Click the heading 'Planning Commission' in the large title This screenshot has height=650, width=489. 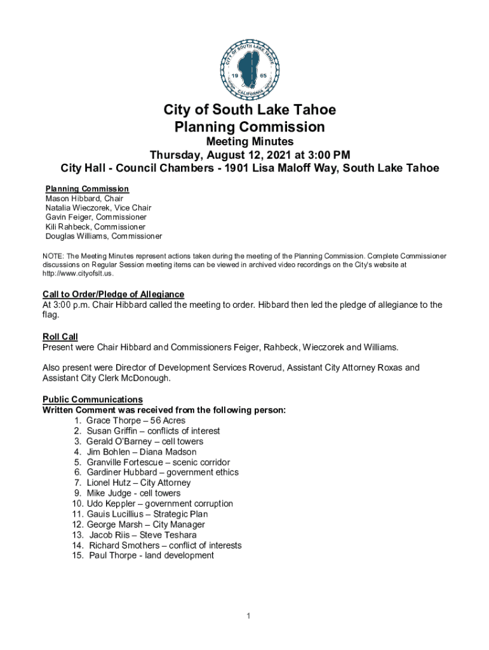coord(250,127)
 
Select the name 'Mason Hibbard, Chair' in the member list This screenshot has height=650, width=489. coord(84,199)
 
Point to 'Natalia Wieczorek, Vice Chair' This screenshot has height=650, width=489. coord(98,208)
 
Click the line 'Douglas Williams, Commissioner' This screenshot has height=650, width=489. coord(104,236)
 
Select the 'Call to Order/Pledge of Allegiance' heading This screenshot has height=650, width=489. coord(113,295)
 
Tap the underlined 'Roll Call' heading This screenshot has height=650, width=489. coord(60,336)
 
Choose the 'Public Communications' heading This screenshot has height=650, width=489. coord(93,399)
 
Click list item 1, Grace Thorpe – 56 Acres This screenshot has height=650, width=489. coord(136,420)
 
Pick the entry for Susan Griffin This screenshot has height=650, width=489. coord(153,431)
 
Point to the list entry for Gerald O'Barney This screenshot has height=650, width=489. coord(154,441)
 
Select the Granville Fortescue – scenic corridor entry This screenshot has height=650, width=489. coord(158,462)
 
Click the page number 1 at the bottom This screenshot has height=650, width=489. coord(250,616)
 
